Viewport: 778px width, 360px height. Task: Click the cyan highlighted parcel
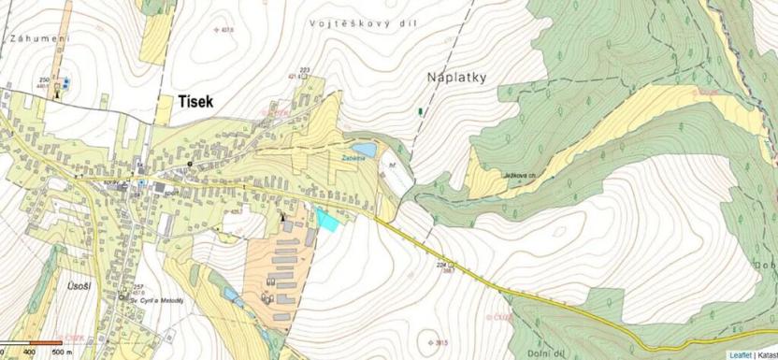pyautogui.click(x=327, y=219)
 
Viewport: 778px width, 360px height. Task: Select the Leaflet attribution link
pyautogui.click(x=740, y=354)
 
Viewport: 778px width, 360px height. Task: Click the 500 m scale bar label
pyautogui.click(x=63, y=353)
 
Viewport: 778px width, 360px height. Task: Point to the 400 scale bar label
pyautogui.click(x=29, y=353)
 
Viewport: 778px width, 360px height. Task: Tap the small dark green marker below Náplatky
pyautogui.click(x=420, y=110)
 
